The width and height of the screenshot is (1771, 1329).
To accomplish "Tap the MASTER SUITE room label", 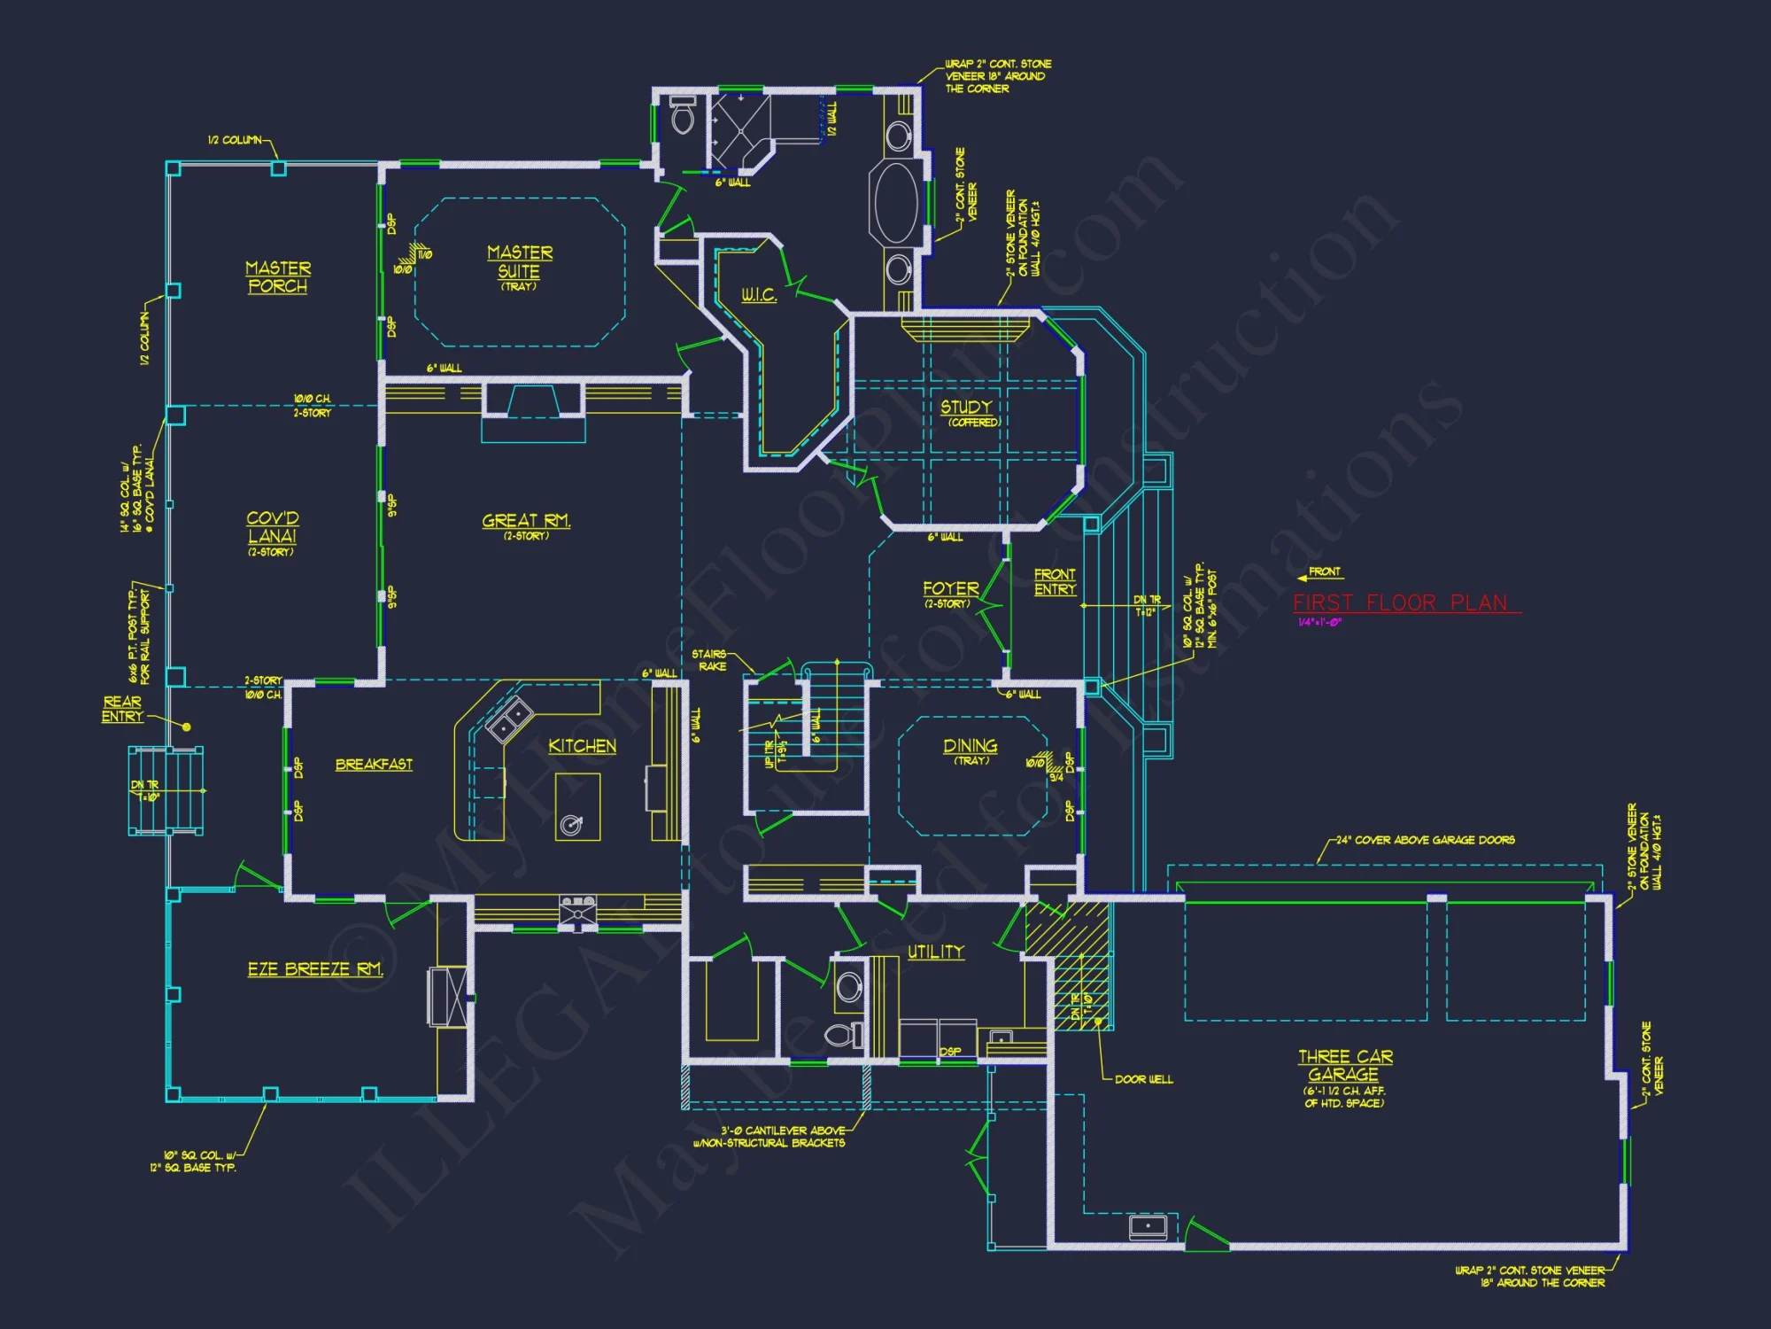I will tap(520, 262).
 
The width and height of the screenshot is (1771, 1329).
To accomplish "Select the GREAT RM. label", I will tap(526, 521).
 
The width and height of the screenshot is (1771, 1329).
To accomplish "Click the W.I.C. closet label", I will tap(759, 295).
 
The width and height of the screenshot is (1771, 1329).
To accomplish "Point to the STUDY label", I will tap(966, 407).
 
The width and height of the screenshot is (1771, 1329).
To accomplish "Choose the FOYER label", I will tap(951, 589).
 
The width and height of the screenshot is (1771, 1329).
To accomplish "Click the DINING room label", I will tap(971, 747).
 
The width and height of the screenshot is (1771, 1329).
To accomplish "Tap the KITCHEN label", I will tap(582, 746).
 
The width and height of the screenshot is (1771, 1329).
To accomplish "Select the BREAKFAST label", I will tap(374, 765).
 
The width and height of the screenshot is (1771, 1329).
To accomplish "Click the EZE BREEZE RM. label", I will tap(315, 969).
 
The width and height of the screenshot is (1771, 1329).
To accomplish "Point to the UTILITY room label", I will tap(936, 952).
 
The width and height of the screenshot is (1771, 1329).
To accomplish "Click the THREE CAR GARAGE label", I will tap(1345, 1066).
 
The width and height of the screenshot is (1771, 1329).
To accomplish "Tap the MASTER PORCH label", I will tap(278, 277).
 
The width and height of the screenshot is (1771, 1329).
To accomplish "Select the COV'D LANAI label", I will tap(273, 527).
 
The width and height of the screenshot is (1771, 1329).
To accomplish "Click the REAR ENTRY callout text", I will tap(122, 709).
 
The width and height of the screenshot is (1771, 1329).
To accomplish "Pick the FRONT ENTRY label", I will tap(1055, 582).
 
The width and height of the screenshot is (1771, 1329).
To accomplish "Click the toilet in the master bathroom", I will tap(683, 116).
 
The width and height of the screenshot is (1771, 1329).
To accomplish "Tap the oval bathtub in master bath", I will tap(897, 203).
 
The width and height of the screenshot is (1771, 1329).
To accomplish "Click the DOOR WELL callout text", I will tap(1143, 1079).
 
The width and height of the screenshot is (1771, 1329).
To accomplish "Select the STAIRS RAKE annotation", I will tap(710, 660).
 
